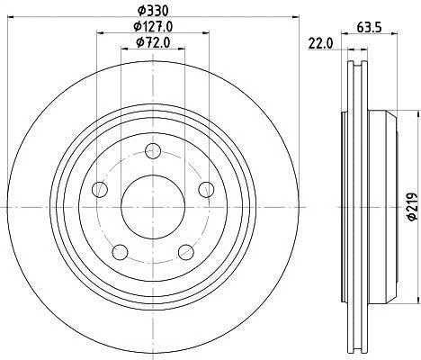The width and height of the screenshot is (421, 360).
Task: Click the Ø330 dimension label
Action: click(153, 11)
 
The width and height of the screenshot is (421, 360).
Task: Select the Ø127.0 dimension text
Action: click(153, 27)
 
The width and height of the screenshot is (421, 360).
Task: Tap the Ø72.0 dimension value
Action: click(153, 42)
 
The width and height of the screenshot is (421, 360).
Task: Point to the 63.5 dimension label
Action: click(369, 28)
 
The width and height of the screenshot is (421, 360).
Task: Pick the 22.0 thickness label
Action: click(320, 44)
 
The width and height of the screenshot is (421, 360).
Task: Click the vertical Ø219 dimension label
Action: click(413, 207)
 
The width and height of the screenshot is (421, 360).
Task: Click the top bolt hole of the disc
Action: click(153, 150)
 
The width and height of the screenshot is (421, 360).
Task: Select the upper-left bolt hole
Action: click(100, 190)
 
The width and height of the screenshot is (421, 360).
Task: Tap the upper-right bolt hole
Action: click(207, 190)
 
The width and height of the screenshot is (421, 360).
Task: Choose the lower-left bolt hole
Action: click(121, 252)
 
